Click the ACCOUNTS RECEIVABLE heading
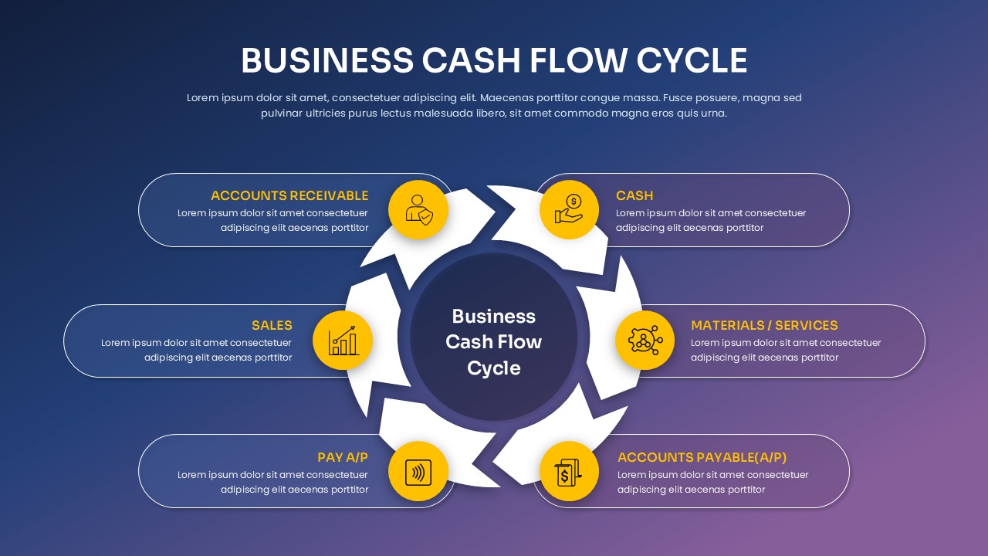[289, 196]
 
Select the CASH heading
[634, 196]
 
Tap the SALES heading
[272, 326]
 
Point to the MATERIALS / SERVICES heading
[764, 326]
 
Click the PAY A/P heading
[343, 458]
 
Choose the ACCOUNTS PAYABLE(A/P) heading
[702, 458]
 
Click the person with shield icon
[418, 209]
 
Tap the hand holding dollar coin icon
[569, 209]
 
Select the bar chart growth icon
[343, 341]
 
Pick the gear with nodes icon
[645, 341]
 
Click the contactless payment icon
[418, 471]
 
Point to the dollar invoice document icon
[569, 471]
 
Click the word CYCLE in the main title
[692, 61]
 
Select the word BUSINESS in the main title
[327, 61]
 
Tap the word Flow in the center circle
[519, 342]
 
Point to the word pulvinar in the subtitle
[283, 114]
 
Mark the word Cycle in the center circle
[494, 368]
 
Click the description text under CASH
[710, 220]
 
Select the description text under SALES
[197, 350]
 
